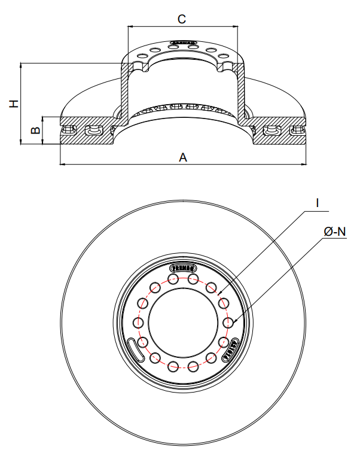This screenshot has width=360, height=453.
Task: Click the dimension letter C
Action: [182, 19]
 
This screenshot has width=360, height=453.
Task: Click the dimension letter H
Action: [14, 103]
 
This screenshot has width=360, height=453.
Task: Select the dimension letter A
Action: [184, 157]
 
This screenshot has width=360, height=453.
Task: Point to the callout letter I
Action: [318, 203]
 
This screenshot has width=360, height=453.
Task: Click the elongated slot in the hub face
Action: [135, 348]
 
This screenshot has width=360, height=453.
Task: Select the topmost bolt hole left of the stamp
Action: [174, 279]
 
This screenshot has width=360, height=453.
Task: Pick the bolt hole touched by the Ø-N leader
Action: [227, 323]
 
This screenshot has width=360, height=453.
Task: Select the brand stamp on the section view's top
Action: [183, 42]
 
